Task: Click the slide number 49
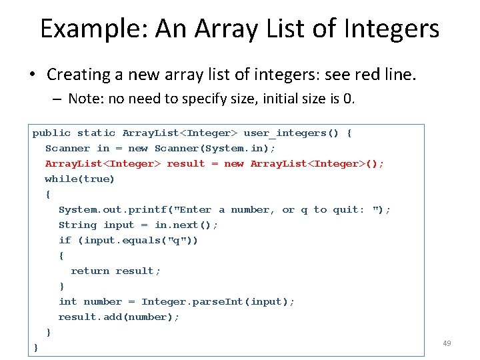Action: pyautogui.click(x=447, y=343)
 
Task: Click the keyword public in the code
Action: pyautogui.click(x=51, y=133)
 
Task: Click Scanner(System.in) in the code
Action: pyautogui.click(x=215, y=149)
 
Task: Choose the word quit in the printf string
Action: pyautogui.click(x=346, y=210)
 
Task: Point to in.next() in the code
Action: pyautogui.click(x=187, y=225)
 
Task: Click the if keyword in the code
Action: pyautogui.click(x=65, y=241)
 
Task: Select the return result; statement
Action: pyautogui.click(x=116, y=271)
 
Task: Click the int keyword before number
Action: pyautogui.click(x=68, y=301)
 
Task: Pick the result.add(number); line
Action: pyautogui.click(x=119, y=317)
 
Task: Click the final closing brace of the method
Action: pyautogui.click(x=36, y=347)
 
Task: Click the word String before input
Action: pyautogui.click(x=77, y=225)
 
